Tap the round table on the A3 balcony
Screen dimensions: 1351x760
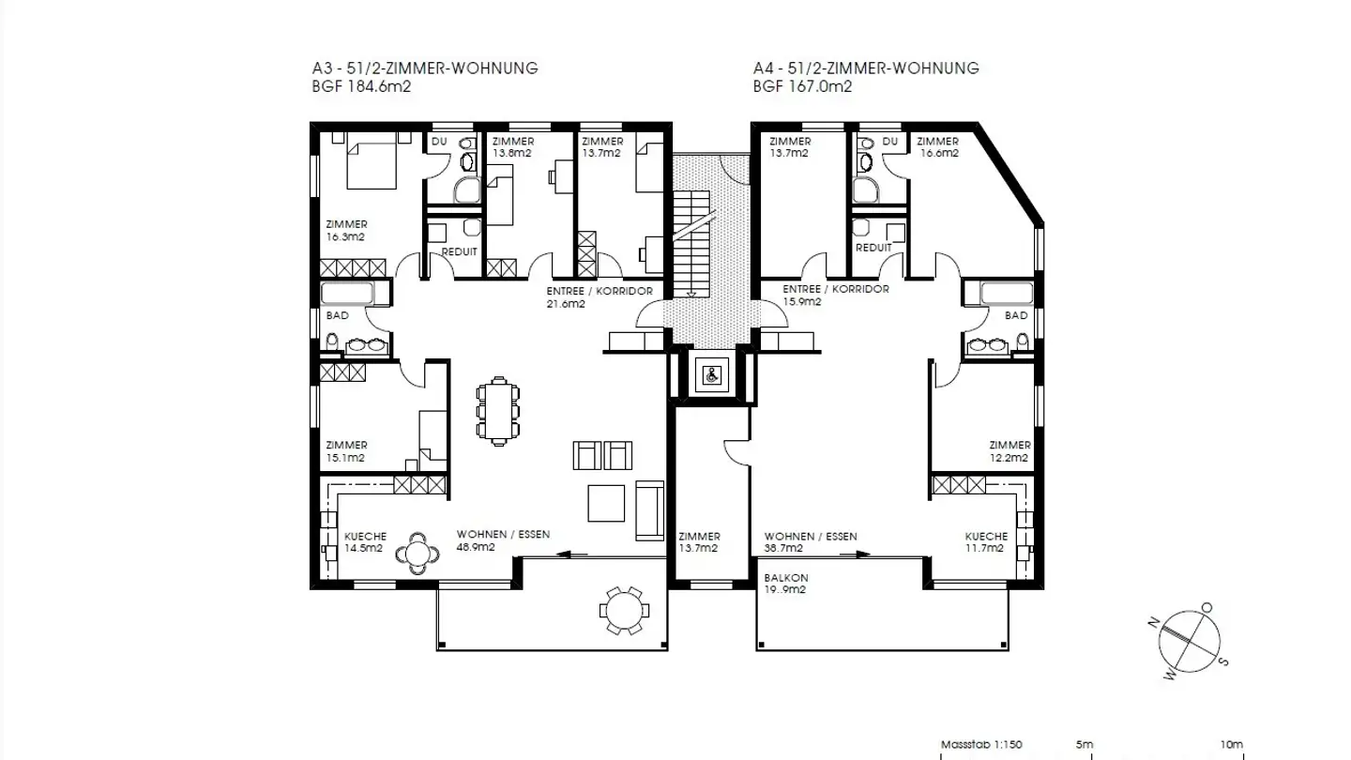click(624, 611)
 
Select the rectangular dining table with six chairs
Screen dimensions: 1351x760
click(498, 411)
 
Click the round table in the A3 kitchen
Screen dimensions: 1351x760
click(417, 553)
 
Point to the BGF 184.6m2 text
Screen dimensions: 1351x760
click(362, 86)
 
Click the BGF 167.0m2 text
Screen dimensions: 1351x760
click(802, 86)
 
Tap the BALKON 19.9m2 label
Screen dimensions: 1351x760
click(786, 584)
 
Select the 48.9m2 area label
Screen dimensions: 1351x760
click(475, 547)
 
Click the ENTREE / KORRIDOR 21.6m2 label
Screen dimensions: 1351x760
click(599, 296)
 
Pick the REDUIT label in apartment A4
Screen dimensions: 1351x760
click(873, 248)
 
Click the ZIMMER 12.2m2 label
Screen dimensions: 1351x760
click(1009, 451)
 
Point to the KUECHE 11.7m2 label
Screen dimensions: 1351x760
click(986, 541)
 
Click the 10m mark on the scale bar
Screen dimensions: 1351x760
click(1232, 744)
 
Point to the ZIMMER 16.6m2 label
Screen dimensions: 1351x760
click(938, 147)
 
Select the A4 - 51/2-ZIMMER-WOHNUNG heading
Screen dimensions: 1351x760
click(865, 68)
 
